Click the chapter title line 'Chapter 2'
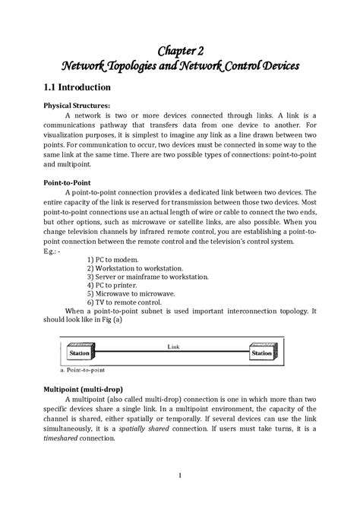pos(180,51)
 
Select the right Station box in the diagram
pos(261,353)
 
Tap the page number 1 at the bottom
pos(180,476)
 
